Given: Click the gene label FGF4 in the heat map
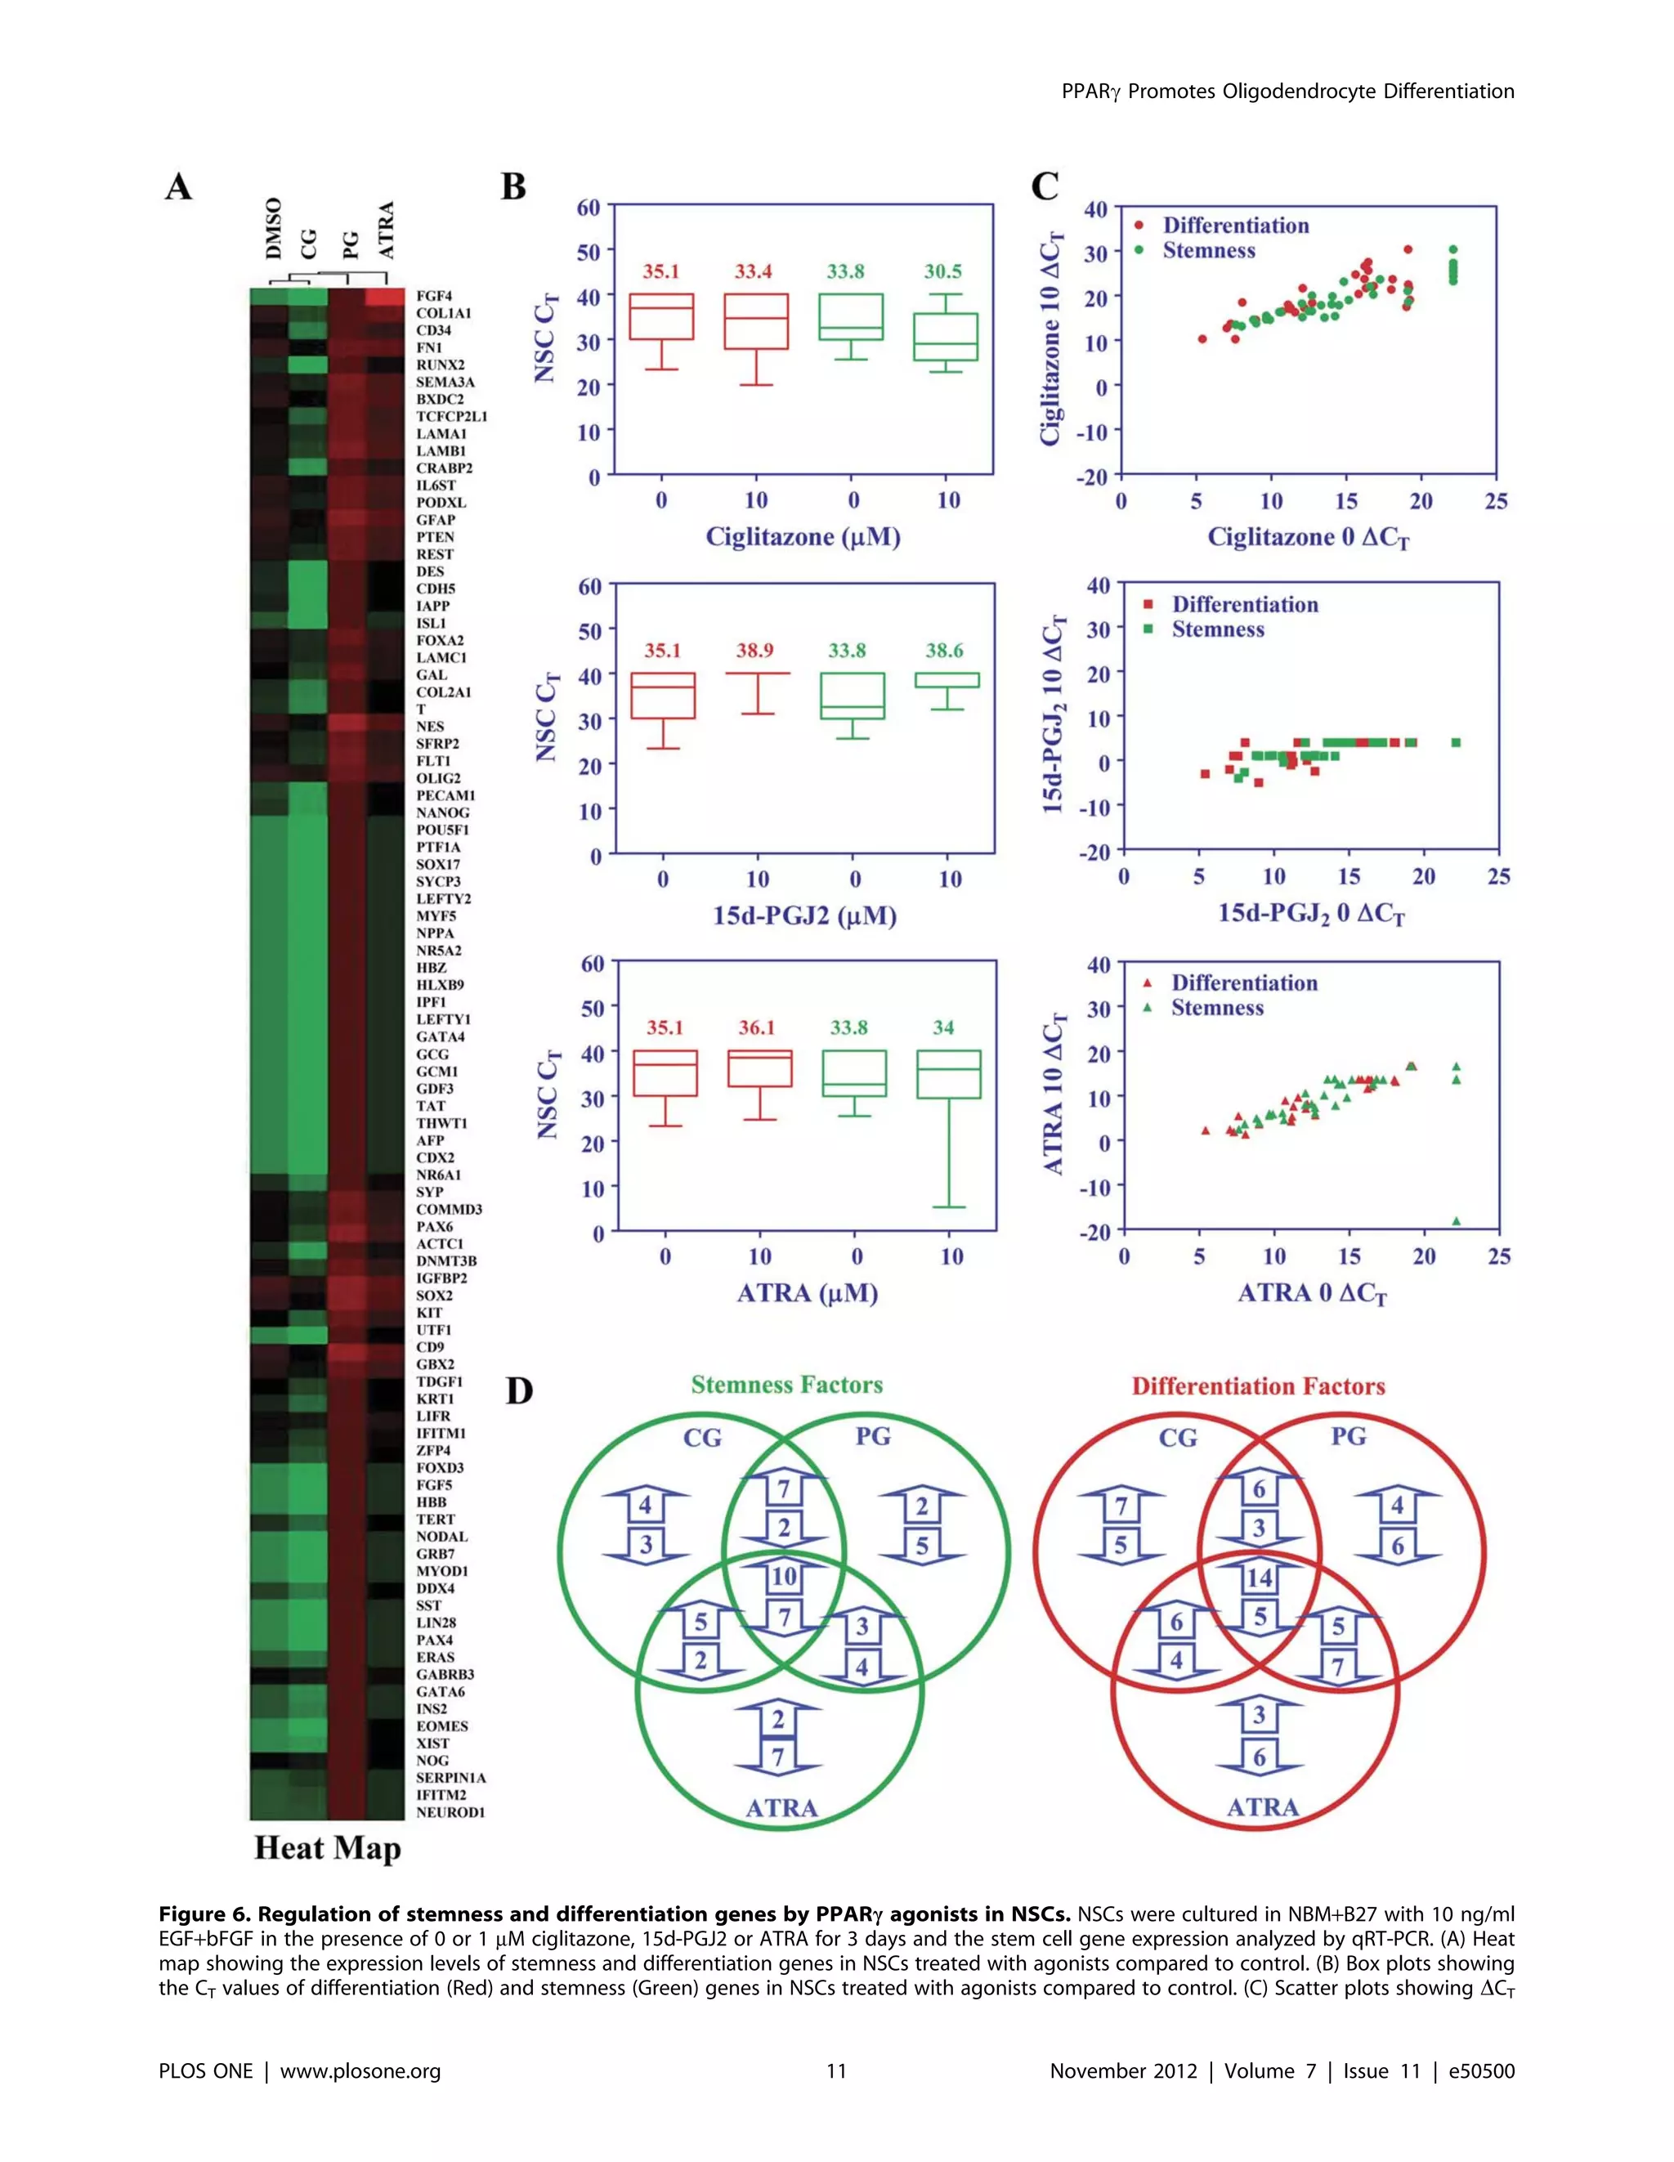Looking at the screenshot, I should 433,296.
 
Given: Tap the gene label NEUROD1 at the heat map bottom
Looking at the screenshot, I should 450,1811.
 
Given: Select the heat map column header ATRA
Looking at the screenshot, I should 386,230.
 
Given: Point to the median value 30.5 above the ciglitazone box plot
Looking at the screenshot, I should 942,271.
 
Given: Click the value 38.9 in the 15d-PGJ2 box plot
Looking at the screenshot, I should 754,651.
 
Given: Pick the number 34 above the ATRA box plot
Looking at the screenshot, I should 943,1027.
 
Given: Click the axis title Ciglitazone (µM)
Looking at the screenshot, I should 803,538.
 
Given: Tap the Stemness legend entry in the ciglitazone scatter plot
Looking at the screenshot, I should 1208,250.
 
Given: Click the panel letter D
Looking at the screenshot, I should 519,1391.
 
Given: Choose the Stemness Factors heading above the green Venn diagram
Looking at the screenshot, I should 786,1385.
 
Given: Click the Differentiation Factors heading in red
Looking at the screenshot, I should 1258,1386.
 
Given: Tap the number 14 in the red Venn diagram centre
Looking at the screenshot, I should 1260,1578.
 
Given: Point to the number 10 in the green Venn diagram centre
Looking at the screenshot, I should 784,1577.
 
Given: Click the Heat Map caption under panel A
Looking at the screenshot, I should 328,1848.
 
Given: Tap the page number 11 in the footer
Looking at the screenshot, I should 836,2071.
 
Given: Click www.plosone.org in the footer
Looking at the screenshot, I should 360,2071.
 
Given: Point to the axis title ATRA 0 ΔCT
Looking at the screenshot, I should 1312,1294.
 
